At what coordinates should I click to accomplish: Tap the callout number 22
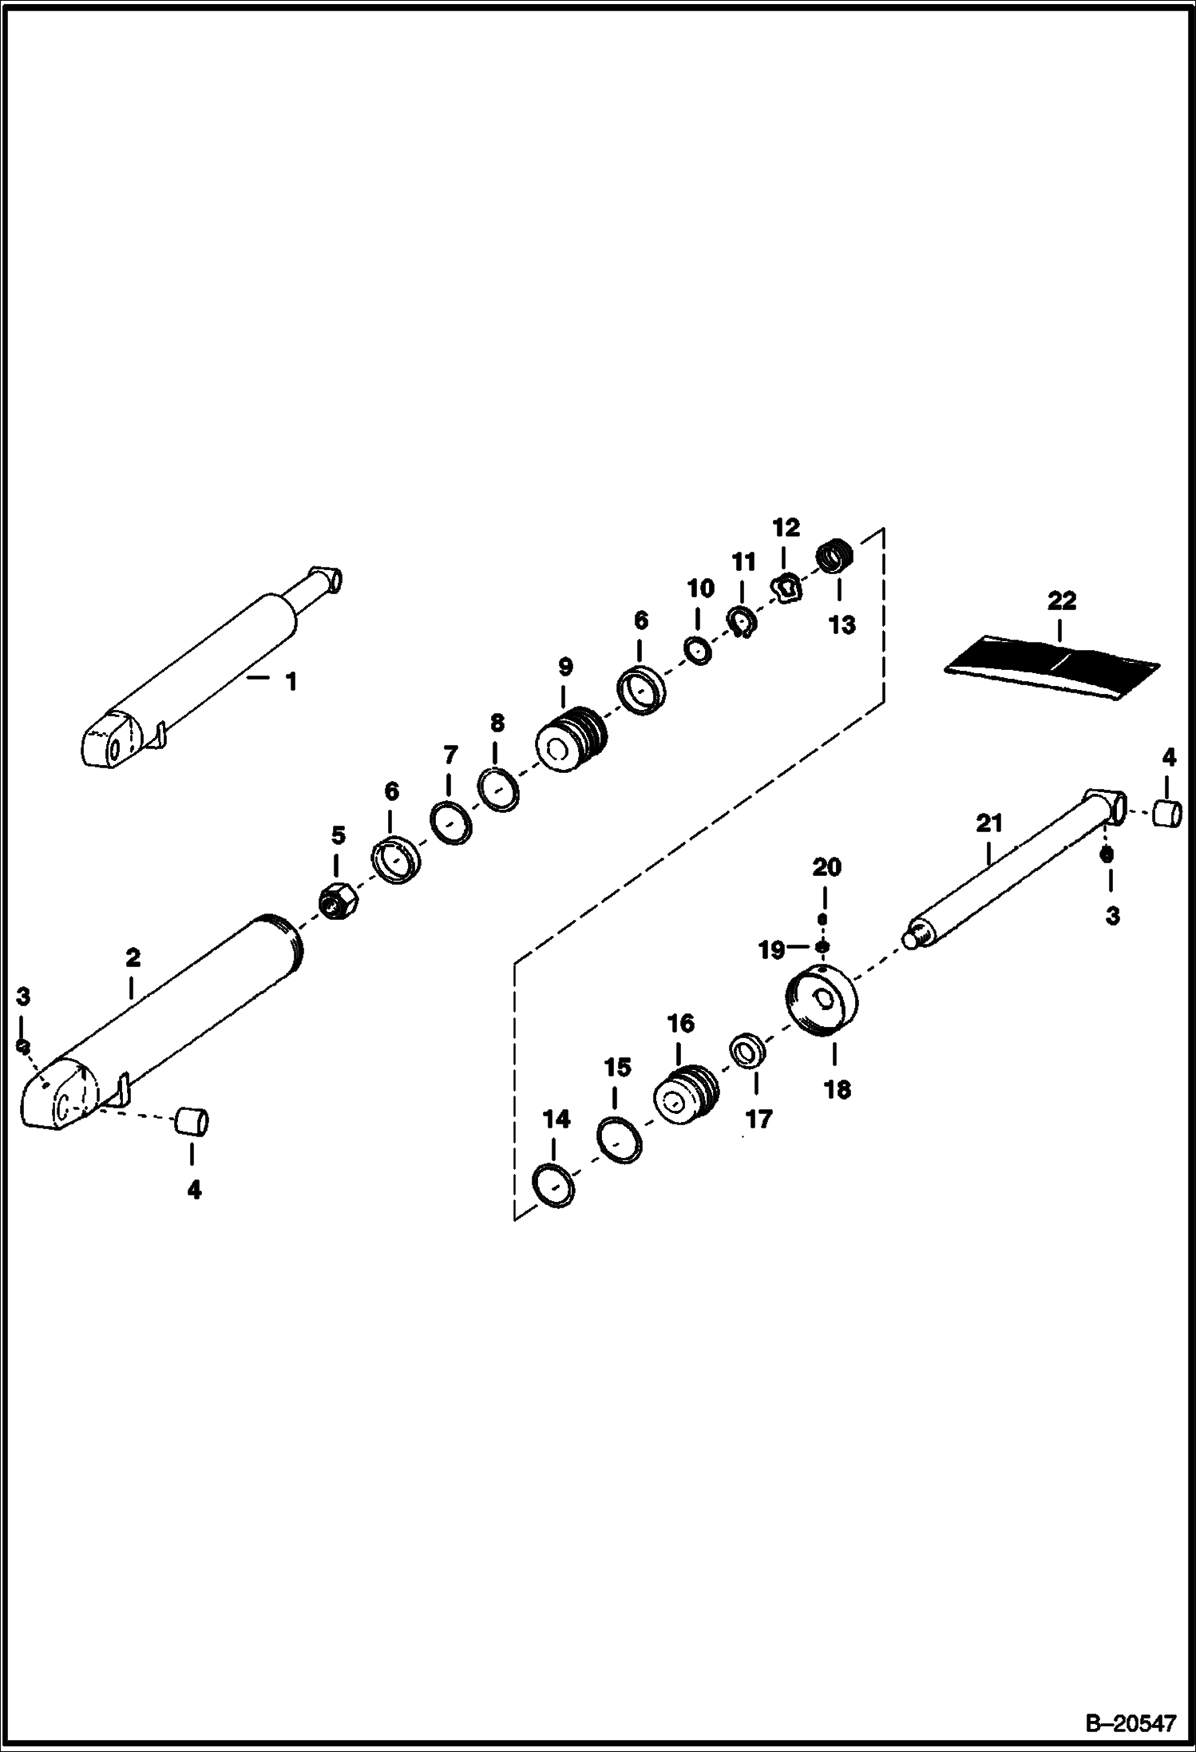tap(1061, 601)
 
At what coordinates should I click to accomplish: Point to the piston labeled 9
tap(571, 739)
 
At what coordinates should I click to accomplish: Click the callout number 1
tap(291, 681)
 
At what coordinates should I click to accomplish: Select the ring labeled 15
tap(619, 1140)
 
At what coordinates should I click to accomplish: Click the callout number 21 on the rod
tap(989, 822)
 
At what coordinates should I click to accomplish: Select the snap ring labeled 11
tap(743, 622)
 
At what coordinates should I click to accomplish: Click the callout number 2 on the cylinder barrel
tap(133, 957)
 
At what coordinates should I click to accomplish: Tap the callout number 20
tap(826, 866)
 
